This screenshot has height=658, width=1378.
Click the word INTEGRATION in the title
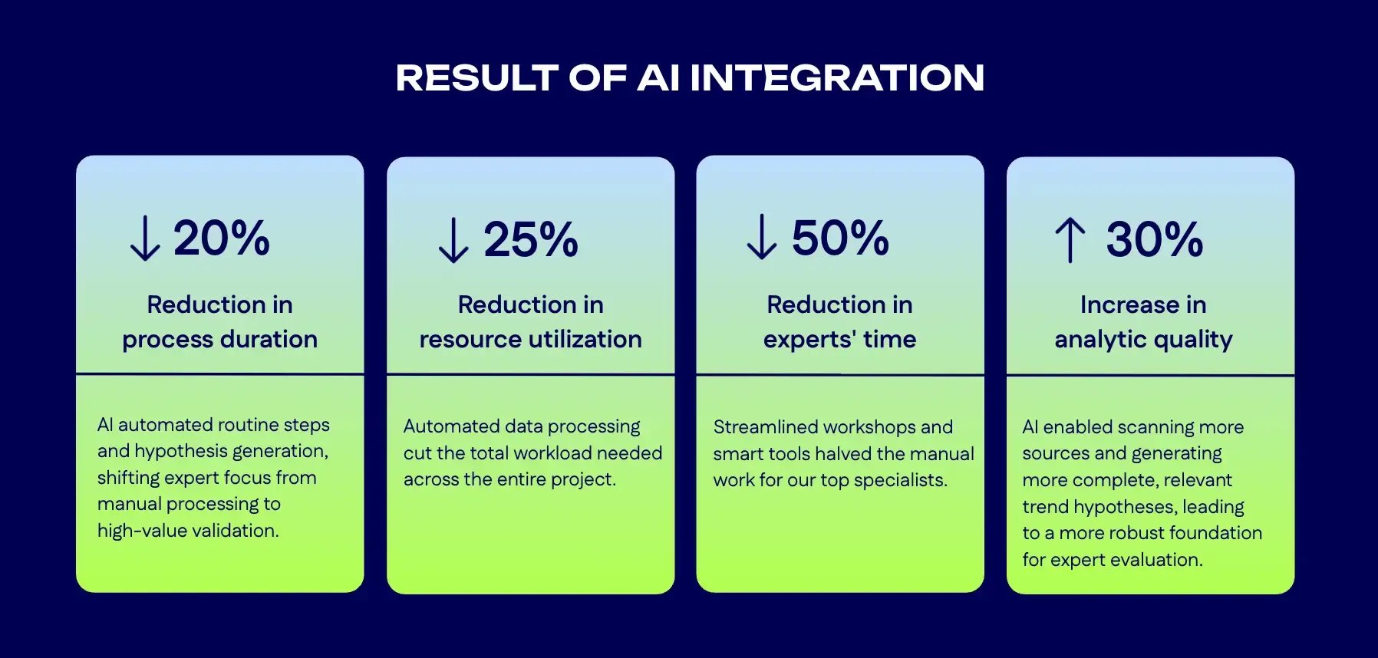[x=837, y=77]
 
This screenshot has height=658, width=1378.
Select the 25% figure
[x=531, y=239]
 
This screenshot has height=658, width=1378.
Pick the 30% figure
[x=1154, y=239]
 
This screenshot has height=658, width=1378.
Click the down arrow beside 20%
[x=144, y=239]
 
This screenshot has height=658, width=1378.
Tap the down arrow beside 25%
[x=453, y=240]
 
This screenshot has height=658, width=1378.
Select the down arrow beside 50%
[x=762, y=238]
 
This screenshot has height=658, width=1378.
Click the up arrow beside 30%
[x=1070, y=240]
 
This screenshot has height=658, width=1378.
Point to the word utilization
[x=583, y=339]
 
